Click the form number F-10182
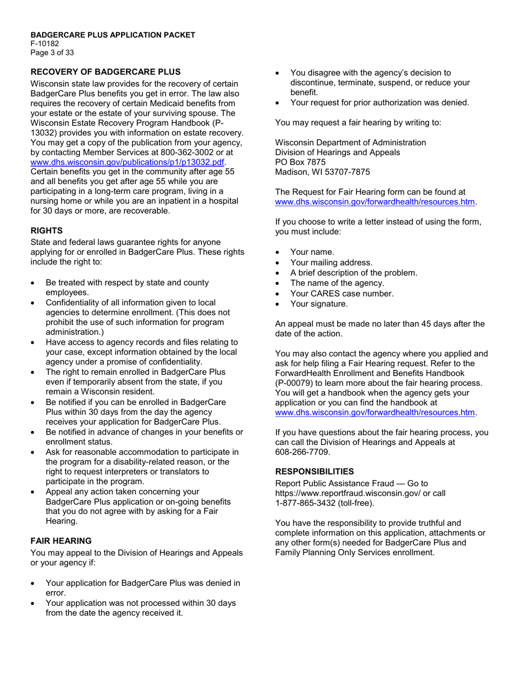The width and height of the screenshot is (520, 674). pos(45,44)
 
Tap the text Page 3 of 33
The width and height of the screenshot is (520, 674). pos(52,53)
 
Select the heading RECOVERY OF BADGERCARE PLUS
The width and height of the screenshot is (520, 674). pos(105,72)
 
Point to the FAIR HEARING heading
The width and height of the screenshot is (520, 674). pos(61,541)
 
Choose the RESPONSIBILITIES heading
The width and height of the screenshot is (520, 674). pos(314,471)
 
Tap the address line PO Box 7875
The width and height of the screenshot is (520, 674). pos(300,162)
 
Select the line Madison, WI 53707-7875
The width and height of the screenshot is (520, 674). pos(322,172)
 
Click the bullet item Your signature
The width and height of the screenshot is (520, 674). pos(319,304)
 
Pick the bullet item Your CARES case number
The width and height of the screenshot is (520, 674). pos(342,294)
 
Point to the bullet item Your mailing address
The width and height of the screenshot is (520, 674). pos(331,262)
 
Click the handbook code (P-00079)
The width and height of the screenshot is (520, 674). pos(297,382)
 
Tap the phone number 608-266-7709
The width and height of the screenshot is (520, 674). pos(302,452)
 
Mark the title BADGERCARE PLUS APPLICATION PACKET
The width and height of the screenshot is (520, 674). pos(113,35)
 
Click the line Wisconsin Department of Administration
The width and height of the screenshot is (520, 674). pos(350,142)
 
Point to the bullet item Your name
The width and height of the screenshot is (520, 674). pos(312,252)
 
